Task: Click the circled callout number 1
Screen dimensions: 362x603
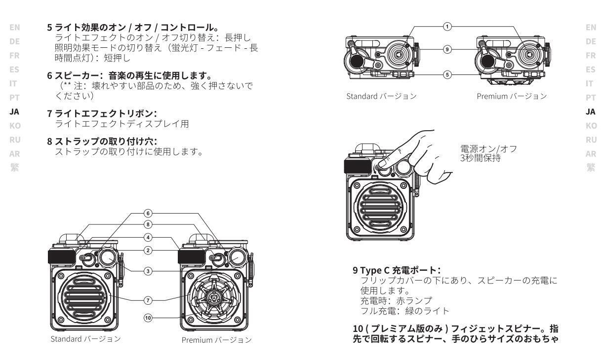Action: point(447,27)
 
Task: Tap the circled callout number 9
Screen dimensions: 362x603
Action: point(447,50)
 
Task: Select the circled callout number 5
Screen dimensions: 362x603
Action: point(447,75)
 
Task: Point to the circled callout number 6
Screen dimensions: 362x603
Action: point(147,214)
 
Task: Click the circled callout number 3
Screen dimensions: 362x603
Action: point(147,271)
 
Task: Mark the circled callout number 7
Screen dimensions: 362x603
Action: point(147,300)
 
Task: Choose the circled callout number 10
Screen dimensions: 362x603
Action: point(147,318)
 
